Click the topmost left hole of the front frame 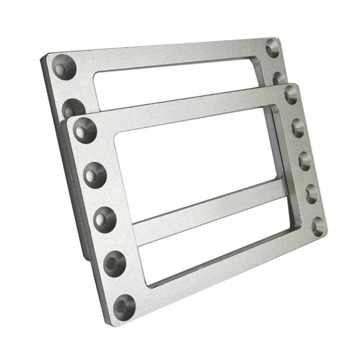(x=85, y=131)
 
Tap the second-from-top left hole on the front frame (x=94, y=175)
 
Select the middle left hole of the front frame (x=104, y=219)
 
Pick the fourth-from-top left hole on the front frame (x=114, y=263)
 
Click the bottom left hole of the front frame (x=124, y=307)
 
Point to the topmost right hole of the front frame (x=291, y=94)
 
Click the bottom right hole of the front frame (x=319, y=226)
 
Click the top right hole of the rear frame (x=272, y=48)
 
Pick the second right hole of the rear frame (x=279, y=78)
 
